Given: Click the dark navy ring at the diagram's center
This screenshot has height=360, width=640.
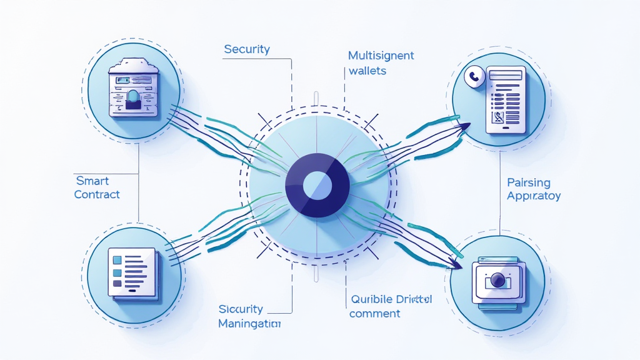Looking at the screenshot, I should [299, 184].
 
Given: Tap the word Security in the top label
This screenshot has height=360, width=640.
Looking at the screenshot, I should [247, 49].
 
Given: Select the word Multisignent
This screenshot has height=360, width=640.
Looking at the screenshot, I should [381, 56].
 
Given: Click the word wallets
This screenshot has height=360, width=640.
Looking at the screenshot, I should [367, 71].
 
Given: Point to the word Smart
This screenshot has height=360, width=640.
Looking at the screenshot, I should [92, 181].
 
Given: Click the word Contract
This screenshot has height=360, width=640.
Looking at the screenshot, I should [96, 194].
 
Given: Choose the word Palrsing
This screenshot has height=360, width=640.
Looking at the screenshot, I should [529, 182].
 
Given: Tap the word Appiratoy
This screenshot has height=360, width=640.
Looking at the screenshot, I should [533, 196].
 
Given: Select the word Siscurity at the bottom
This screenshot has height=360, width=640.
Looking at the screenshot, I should [241, 309].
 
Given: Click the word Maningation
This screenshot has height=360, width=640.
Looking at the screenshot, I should [249, 324].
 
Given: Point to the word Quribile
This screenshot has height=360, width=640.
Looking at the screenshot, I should [369, 299].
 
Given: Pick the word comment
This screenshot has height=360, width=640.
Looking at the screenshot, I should [374, 313].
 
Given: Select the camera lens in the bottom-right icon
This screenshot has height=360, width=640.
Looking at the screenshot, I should [498, 281].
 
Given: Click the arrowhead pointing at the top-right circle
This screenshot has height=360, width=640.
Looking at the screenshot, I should [464, 127].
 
